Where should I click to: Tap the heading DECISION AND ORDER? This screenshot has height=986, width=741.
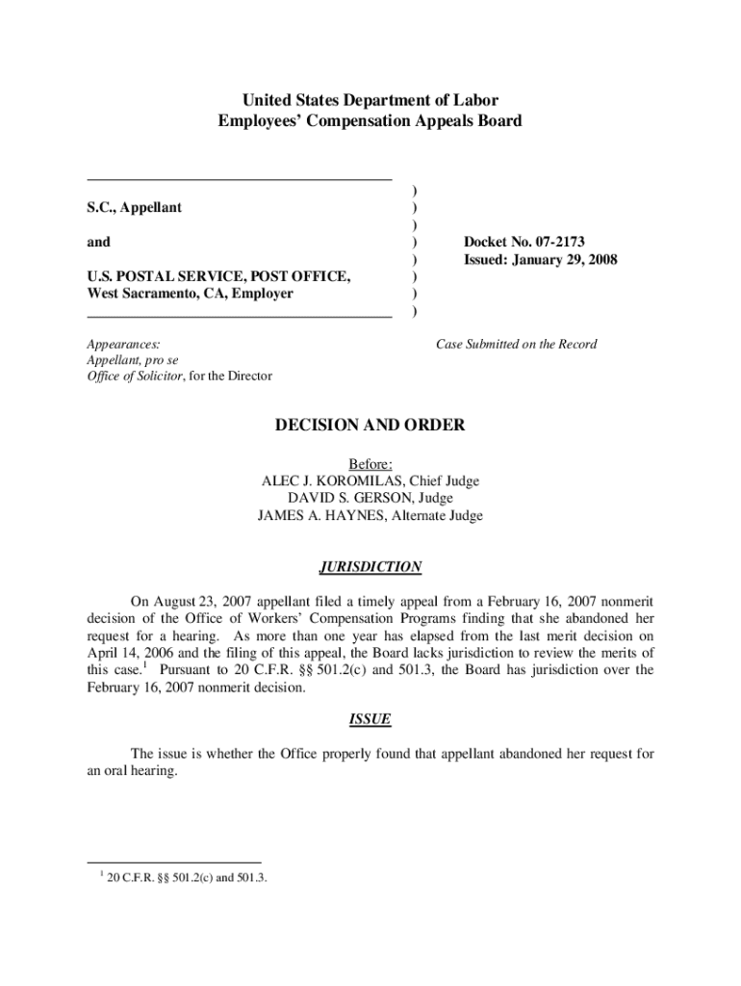coord(370,425)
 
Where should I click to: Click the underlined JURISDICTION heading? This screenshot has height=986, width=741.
coord(370,567)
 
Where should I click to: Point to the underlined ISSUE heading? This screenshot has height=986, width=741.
coord(370,719)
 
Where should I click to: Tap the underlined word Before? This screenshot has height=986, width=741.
coord(370,463)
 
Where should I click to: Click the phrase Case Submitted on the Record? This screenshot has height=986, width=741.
coord(516,344)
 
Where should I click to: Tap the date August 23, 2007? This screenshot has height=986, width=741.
coord(202,600)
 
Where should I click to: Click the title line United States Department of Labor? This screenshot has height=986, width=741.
coord(370,100)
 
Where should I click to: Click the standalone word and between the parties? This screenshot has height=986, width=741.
coord(98,242)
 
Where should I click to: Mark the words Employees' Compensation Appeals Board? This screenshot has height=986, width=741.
coord(370,121)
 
